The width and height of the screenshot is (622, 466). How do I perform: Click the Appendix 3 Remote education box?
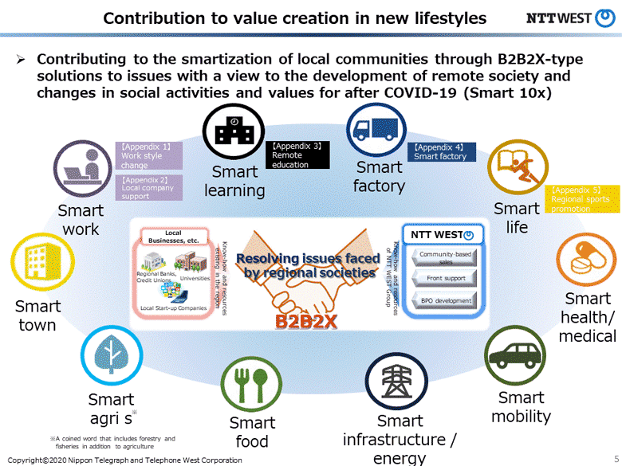[297, 155]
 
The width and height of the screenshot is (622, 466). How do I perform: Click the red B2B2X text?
[308, 322]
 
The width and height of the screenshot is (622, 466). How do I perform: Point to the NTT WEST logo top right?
[569, 18]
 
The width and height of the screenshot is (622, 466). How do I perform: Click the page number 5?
[616, 460]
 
